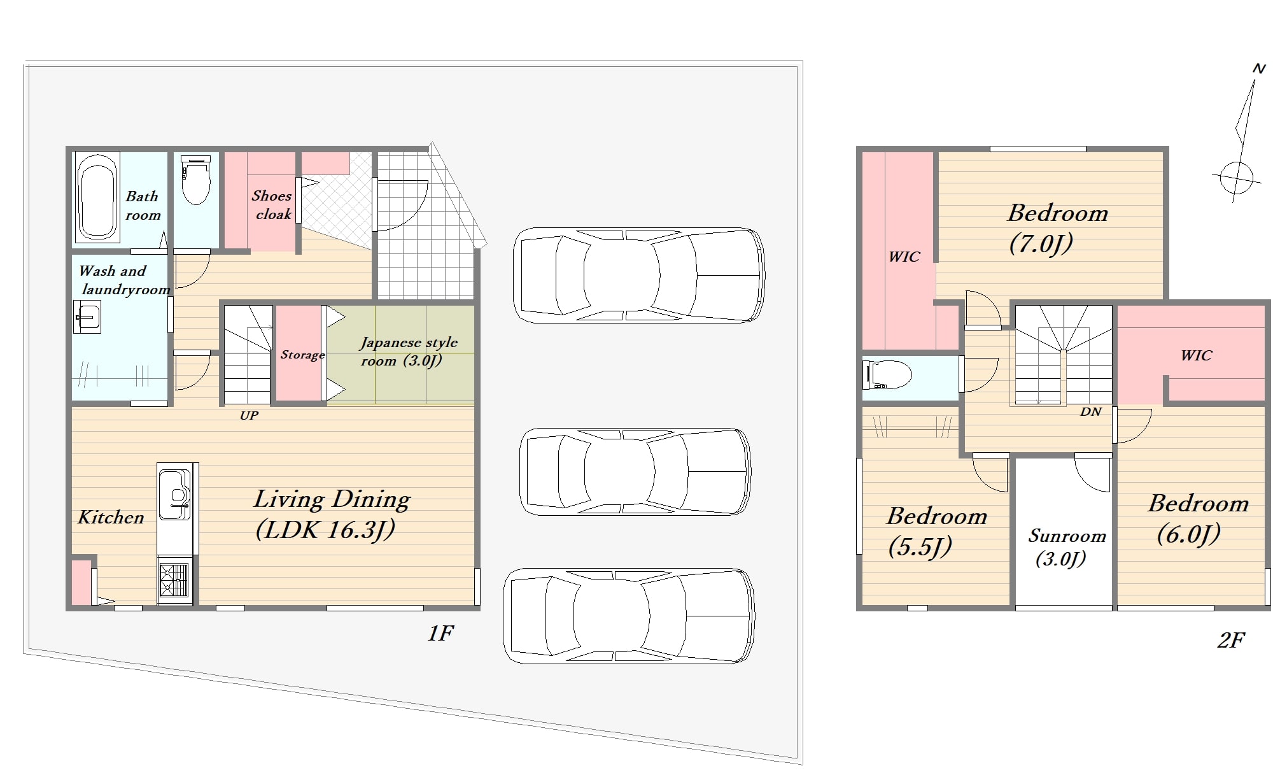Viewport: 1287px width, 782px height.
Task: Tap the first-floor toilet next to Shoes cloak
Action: (x=195, y=180)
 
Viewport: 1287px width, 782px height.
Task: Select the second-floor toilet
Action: (x=887, y=375)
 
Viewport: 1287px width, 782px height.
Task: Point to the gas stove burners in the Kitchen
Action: (x=174, y=581)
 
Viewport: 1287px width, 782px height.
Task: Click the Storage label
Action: (x=302, y=355)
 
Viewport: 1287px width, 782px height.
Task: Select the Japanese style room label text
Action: (x=409, y=352)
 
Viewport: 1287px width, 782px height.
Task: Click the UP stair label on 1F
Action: (x=249, y=415)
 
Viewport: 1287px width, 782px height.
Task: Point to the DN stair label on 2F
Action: (x=1090, y=411)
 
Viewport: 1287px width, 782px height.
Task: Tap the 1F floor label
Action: (x=440, y=633)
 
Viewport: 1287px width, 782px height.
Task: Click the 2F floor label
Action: (x=1231, y=639)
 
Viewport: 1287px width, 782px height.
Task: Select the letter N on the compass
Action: (x=1258, y=68)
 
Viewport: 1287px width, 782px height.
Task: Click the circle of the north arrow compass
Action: (x=1237, y=178)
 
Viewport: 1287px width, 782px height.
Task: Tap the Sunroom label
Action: (x=1067, y=536)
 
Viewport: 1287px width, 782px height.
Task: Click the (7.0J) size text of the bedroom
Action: (x=1041, y=243)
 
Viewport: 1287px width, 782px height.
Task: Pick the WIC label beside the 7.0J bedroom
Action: (x=904, y=257)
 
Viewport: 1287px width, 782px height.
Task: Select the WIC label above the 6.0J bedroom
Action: (x=1197, y=355)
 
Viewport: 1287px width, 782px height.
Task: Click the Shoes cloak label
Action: (x=272, y=205)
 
